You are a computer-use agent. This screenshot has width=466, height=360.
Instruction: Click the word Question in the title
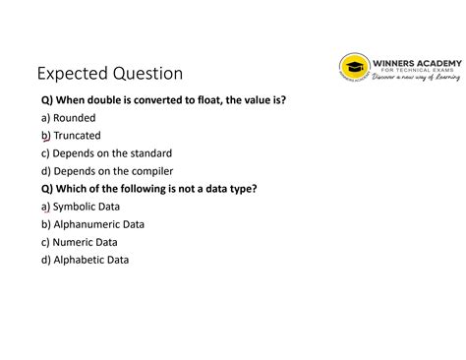[x=146, y=74]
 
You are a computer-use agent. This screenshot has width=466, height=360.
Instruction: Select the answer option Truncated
[x=77, y=135]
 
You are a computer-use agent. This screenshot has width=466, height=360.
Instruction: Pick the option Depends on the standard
[x=112, y=153]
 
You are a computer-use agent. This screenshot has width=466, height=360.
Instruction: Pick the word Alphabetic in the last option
[x=78, y=260]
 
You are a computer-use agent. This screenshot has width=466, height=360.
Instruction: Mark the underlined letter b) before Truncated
[x=45, y=136]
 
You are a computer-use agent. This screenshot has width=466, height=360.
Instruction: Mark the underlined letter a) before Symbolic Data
[x=45, y=208]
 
